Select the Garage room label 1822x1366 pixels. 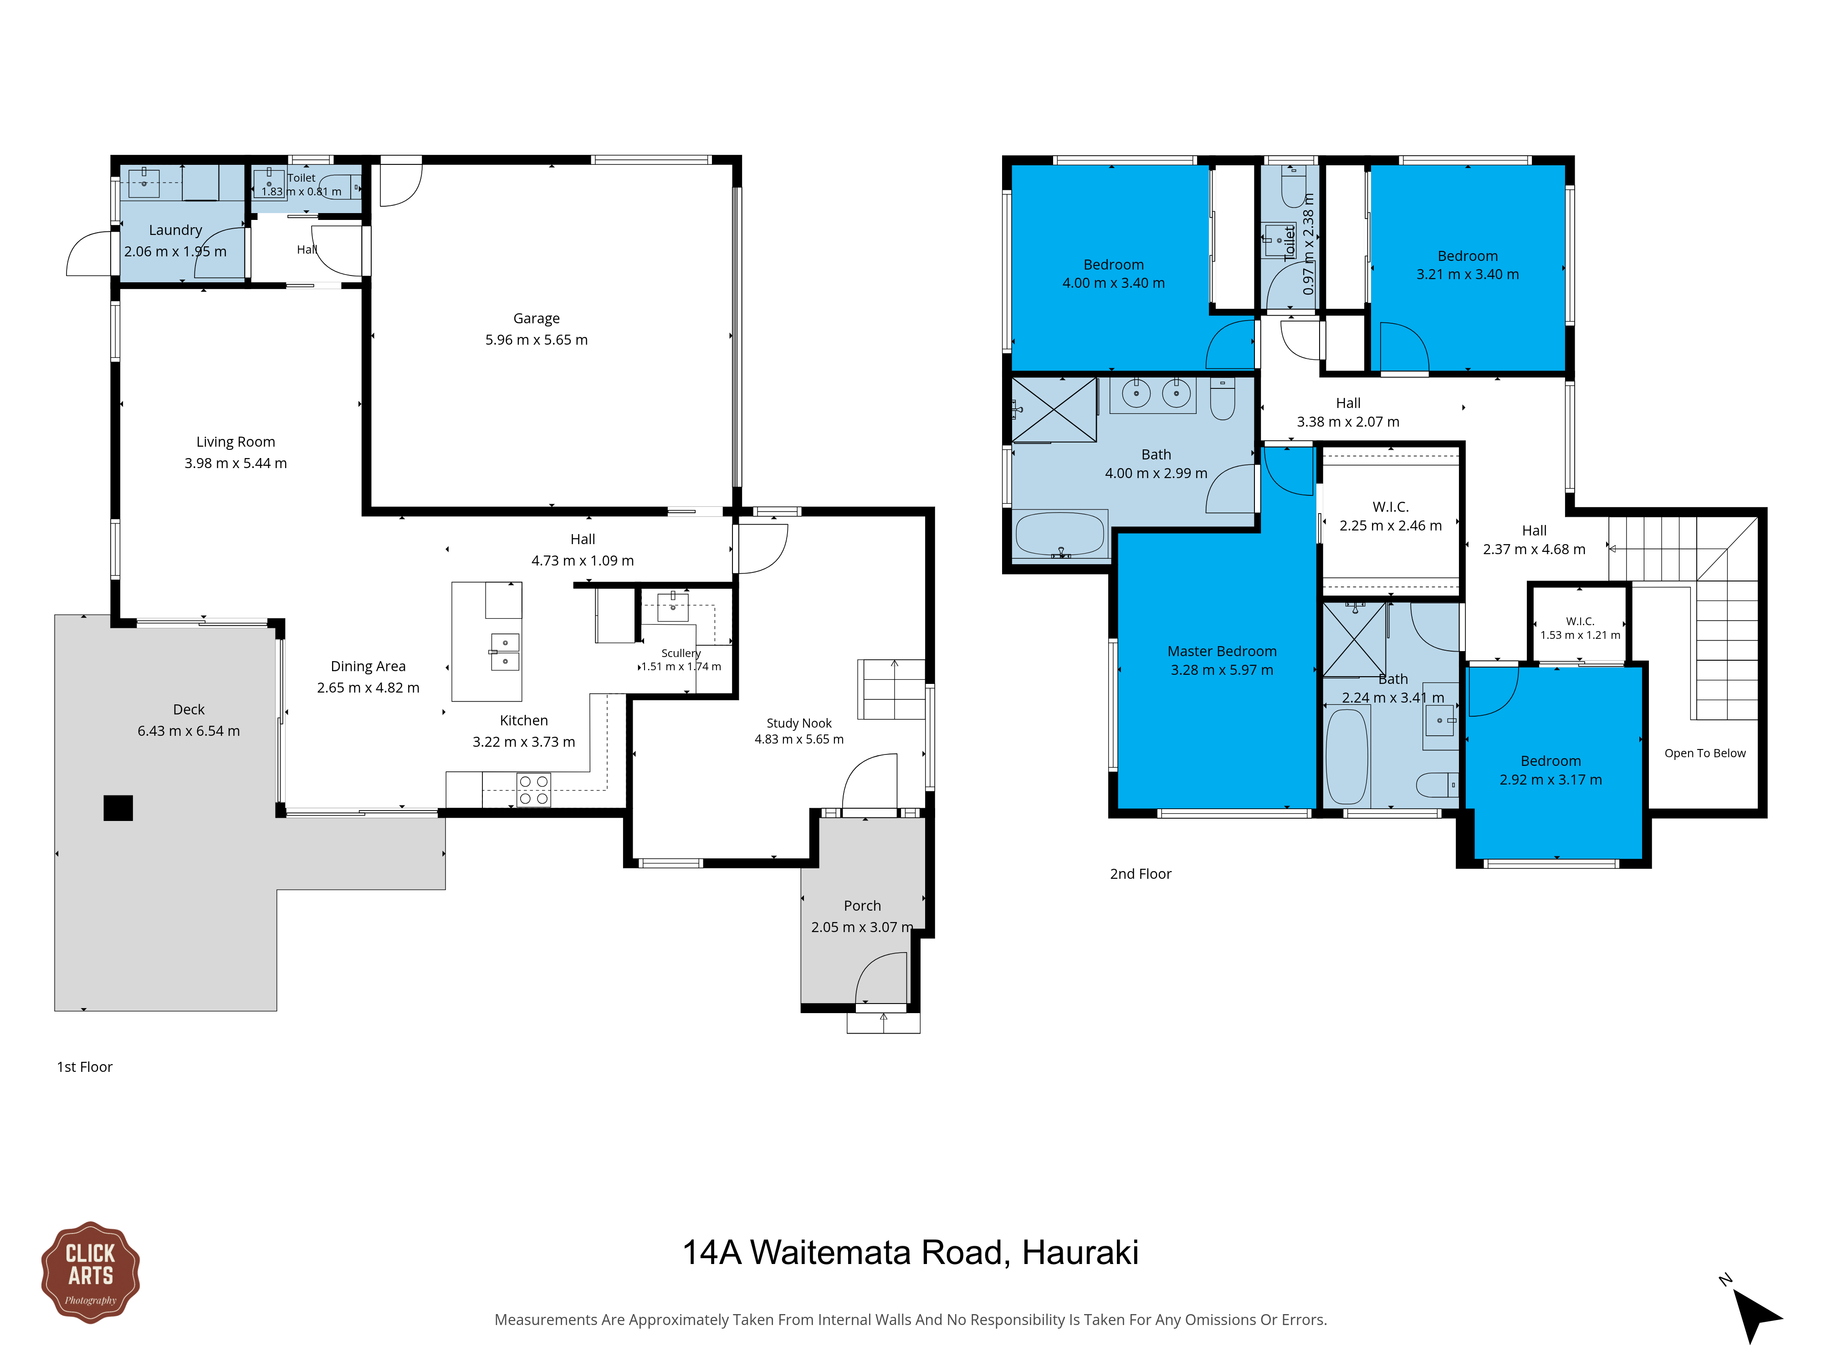coord(536,319)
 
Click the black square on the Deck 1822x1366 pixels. coord(118,808)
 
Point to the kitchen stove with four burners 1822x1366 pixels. coord(534,790)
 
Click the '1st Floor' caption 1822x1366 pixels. coord(84,1067)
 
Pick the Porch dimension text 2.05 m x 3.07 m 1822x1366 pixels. coord(862,927)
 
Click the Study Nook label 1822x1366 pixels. coord(799,723)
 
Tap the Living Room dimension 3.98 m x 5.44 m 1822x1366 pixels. coord(235,464)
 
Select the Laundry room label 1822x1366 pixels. coord(175,230)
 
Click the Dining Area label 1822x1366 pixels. coord(368,666)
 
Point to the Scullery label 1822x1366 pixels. coord(681,653)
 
